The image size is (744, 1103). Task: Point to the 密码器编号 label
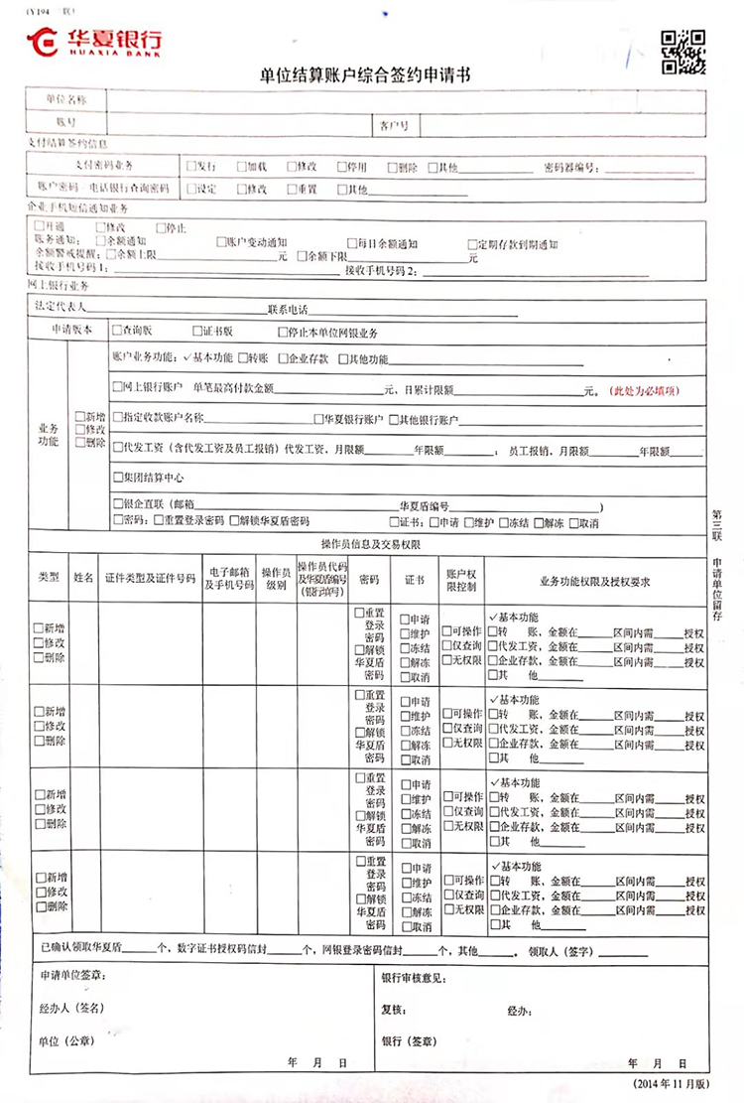point(569,168)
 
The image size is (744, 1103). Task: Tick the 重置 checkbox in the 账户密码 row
point(291,189)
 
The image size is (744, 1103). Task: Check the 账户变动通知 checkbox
point(220,243)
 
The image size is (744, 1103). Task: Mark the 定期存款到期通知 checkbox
point(472,244)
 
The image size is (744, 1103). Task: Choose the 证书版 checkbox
point(195,333)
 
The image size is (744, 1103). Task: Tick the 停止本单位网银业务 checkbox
point(284,333)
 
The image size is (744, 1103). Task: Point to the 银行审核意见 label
point(415,978)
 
